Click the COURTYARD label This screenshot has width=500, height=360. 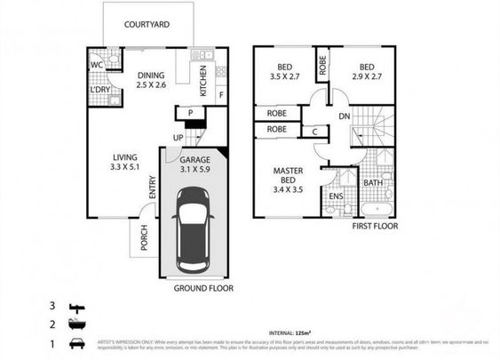click(148, 25)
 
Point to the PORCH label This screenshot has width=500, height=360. click(144, 236)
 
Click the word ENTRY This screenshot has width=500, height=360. click(153, 184)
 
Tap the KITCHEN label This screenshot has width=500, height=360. click(203, 81)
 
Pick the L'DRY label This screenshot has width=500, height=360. click(99, 92)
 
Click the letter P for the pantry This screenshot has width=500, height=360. click(189, 113)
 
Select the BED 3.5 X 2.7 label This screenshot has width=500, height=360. click(284, 71)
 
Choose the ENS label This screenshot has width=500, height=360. click(336, 196)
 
